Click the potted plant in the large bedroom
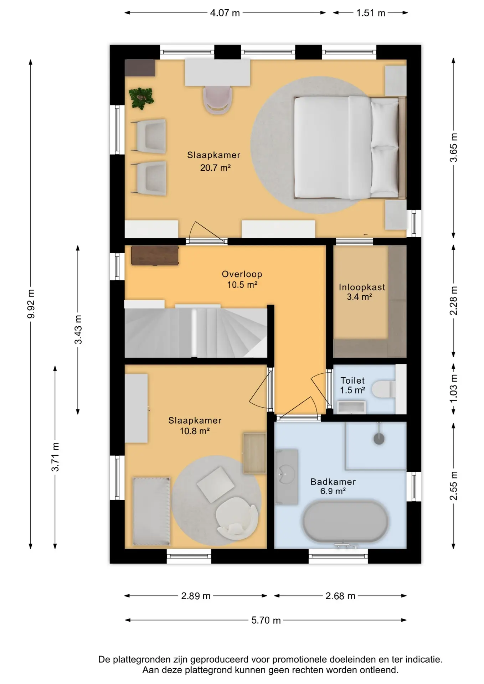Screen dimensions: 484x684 point(141,98)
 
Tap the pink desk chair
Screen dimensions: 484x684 point(217,100)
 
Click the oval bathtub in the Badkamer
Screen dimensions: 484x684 point(345,522)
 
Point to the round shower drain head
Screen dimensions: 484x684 point(379,439)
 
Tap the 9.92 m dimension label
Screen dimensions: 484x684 point(31,304)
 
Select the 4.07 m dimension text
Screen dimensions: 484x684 point(225,13)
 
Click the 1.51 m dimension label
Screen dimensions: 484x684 point(371,13)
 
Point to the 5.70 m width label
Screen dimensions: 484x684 point(266,620)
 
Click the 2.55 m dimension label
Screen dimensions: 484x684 point(453,486)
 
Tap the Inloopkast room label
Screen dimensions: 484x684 point(362,287)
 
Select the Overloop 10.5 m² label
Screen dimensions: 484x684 point(242,279)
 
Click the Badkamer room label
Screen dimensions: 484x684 point(333,482)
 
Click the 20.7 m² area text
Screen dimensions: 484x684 point(215,168)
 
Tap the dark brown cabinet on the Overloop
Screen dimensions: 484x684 point(155,255)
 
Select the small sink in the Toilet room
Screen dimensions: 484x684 point(351,407)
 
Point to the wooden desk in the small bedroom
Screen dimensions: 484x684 point(254,453)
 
